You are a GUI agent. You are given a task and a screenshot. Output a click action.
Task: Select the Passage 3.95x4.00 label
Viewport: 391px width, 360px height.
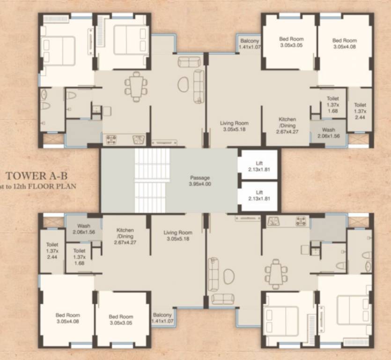coord(200,181)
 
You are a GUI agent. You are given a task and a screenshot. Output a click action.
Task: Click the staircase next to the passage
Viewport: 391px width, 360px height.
coord(151,181)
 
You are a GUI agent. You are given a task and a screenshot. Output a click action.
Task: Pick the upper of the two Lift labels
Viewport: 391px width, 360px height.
coord(259,166)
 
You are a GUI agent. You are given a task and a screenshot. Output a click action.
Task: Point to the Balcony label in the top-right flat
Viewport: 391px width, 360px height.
coord(249,44)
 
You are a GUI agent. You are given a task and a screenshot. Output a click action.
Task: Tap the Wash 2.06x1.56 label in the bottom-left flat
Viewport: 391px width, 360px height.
coord(84,229)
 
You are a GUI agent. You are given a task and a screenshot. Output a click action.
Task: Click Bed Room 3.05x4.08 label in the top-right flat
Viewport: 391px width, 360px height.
coord(344,44)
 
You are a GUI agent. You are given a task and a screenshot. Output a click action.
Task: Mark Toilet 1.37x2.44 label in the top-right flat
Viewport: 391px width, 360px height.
coord(360,111)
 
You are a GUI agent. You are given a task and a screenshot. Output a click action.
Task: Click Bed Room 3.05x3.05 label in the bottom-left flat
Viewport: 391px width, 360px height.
coord(121,320)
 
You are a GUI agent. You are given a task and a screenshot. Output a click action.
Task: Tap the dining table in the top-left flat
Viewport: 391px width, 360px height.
coord(136,86)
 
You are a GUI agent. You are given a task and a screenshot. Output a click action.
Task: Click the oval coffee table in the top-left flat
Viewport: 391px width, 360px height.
coord(183,85)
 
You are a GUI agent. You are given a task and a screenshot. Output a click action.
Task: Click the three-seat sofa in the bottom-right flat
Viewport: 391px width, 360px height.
coord(213,274)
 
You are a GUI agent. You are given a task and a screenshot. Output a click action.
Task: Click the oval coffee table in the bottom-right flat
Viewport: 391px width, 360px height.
coord(229,276)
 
